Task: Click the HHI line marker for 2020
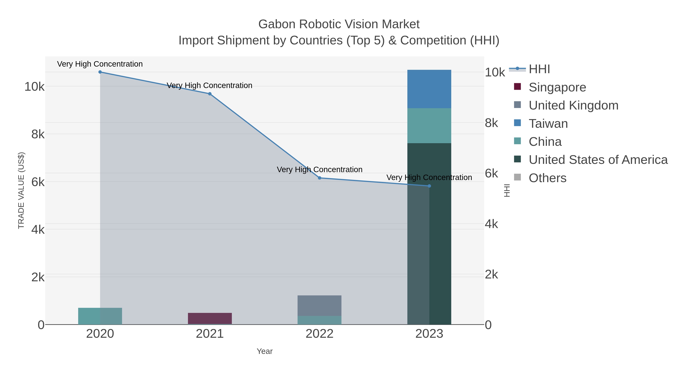[100, 72]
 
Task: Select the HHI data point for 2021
[210, 94]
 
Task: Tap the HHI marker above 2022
[320, 178]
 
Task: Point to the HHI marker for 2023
[429, 186]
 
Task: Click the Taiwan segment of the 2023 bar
[429, 89]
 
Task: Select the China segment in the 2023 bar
[429, 126]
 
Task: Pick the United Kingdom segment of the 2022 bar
[320, 306]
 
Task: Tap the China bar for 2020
[100, 316]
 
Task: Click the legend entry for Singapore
[557, 87]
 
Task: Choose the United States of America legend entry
[598, 160]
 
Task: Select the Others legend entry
[547, 178]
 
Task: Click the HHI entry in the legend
[539, 69]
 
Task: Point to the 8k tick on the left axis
[38, 134]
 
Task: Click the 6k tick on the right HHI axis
[491, 173]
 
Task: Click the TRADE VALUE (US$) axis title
[21, 190]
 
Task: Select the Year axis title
[265, 351]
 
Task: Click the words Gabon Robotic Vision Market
[339, 24]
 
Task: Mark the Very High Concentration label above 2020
[100, 64]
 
